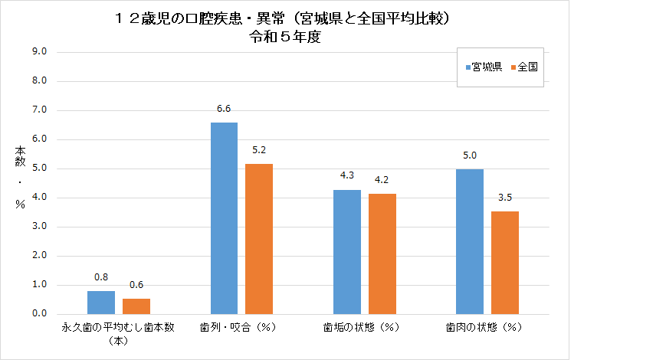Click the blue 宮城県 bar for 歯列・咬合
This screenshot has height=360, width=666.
[x=224, y=218]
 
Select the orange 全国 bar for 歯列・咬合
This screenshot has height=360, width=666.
[x=259, y=239]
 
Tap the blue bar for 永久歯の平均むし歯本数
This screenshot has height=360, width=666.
[x=101, y=303]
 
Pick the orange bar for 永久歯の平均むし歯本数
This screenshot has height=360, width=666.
[x=136, y=306]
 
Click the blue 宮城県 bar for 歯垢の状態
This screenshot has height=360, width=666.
[x=347, y=252]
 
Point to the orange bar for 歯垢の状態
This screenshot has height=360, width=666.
[x=382, y=254]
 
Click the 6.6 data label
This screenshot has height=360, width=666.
[x=224, y=109]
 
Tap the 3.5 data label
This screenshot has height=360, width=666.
[x=506, y=198]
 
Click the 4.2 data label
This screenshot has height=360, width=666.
[x=382, y=181]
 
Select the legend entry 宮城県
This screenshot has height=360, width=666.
[x=483, y=67]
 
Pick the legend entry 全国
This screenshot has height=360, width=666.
[x=527, y=67]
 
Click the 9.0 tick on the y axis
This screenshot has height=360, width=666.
[x=39, y=52]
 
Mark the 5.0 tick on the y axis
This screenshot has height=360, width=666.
[x=39, y=169]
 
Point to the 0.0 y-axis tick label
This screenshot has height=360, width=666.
[x=39, y=314]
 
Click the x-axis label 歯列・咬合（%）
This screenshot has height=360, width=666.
[x=241, y=328]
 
